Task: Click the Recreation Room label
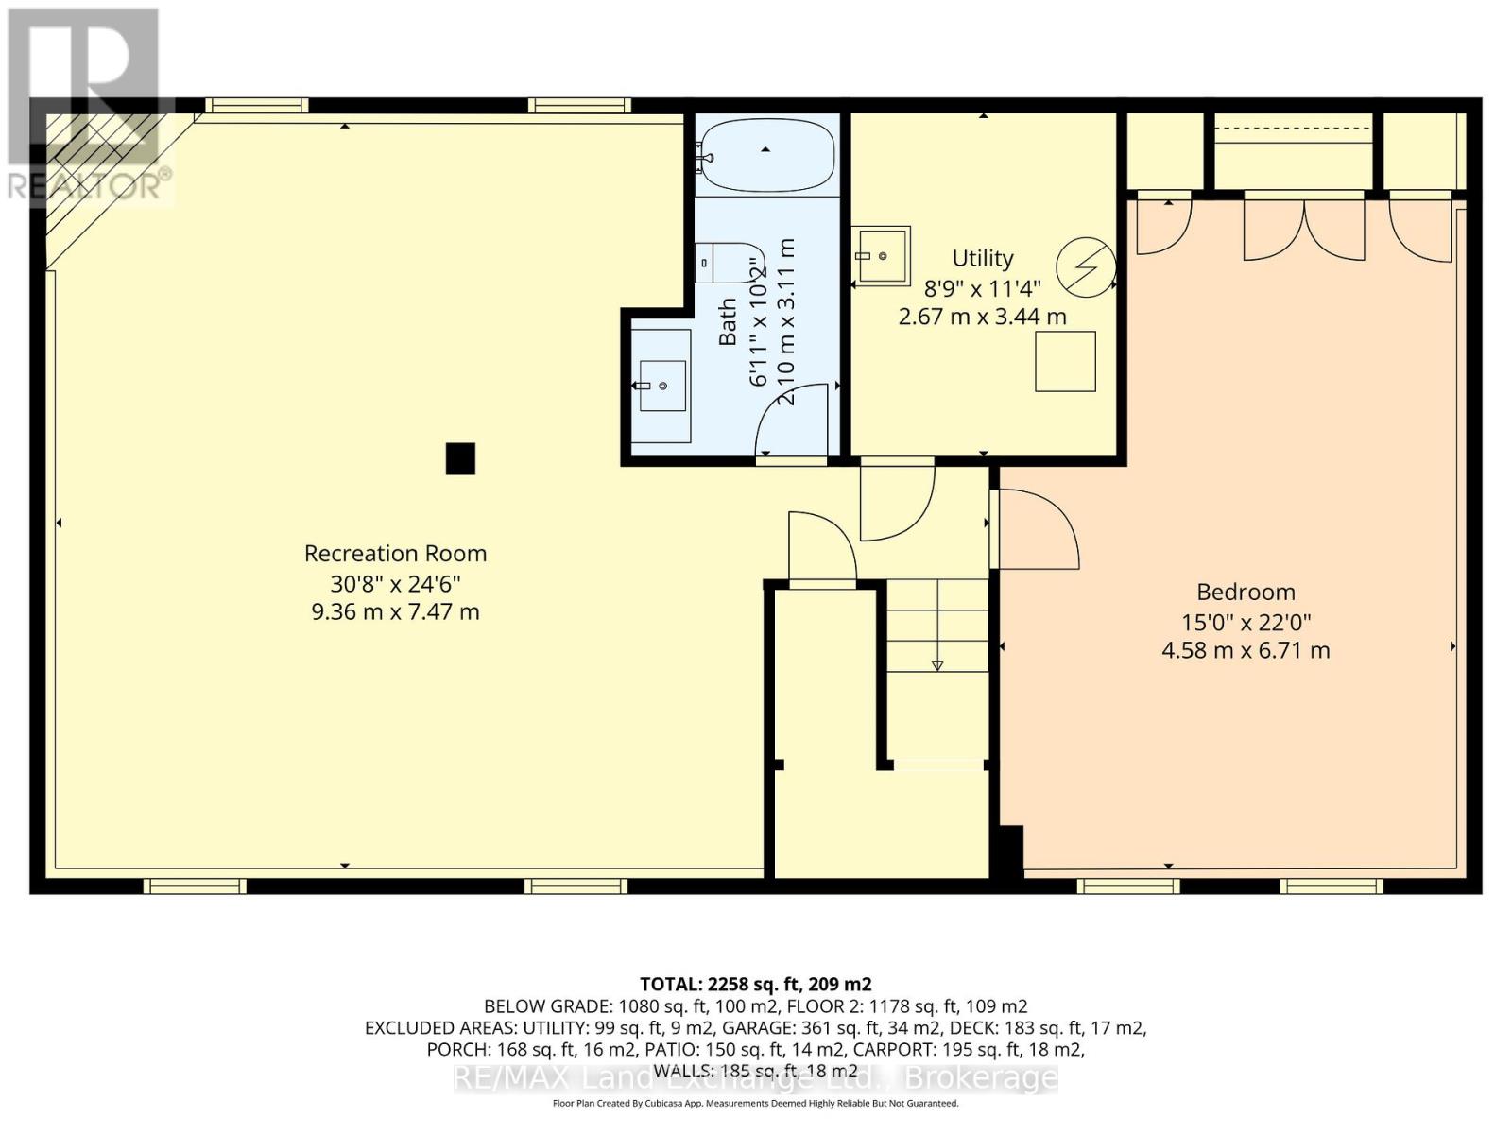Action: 395,553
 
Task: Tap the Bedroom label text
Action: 1246,592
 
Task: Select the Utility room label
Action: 982,258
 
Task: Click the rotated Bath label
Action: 728,321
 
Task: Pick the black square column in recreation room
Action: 460,458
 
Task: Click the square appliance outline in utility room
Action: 1065,361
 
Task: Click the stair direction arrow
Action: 937,664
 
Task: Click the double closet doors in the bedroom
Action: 1304,227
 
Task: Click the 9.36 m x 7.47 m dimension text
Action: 395,611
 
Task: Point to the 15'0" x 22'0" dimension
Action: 1246,622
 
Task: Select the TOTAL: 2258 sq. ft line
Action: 755,984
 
